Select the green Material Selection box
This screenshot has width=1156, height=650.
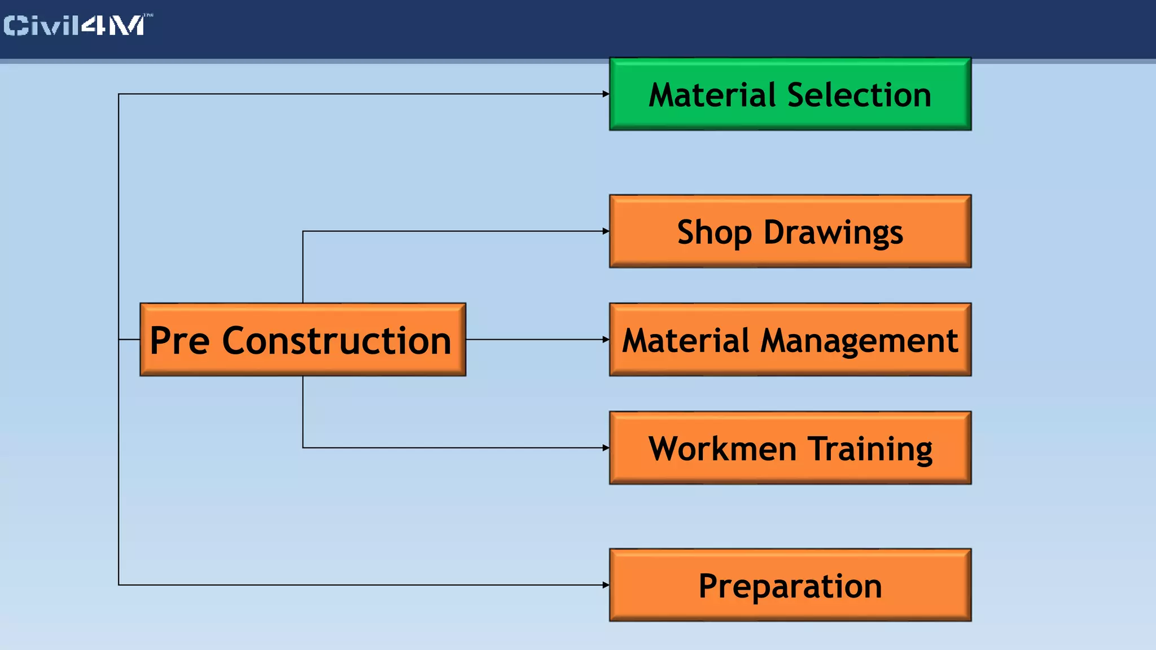[790, 94]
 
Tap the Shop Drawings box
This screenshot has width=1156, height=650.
[790, 231]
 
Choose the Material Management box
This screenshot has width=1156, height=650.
[790, 340]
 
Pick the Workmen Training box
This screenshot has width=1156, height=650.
[790, 448]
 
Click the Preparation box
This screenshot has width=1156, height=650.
[790, 585]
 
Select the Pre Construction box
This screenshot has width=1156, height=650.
[303, 340]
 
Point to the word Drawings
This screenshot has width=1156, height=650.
[833, 232]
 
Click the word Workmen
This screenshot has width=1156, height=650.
[722, 449]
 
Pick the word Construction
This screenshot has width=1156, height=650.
[337, 341]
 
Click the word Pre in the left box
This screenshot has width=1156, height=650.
[179, 341]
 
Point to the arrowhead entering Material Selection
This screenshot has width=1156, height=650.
[606, 94]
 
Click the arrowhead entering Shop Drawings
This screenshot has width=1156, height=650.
[606, 231]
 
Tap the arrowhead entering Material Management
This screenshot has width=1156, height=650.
[606, 340]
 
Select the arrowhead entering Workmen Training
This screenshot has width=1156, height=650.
[606, 448]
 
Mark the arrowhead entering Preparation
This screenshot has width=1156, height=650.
[606, 585]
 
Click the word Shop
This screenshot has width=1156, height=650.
[714, 232]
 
